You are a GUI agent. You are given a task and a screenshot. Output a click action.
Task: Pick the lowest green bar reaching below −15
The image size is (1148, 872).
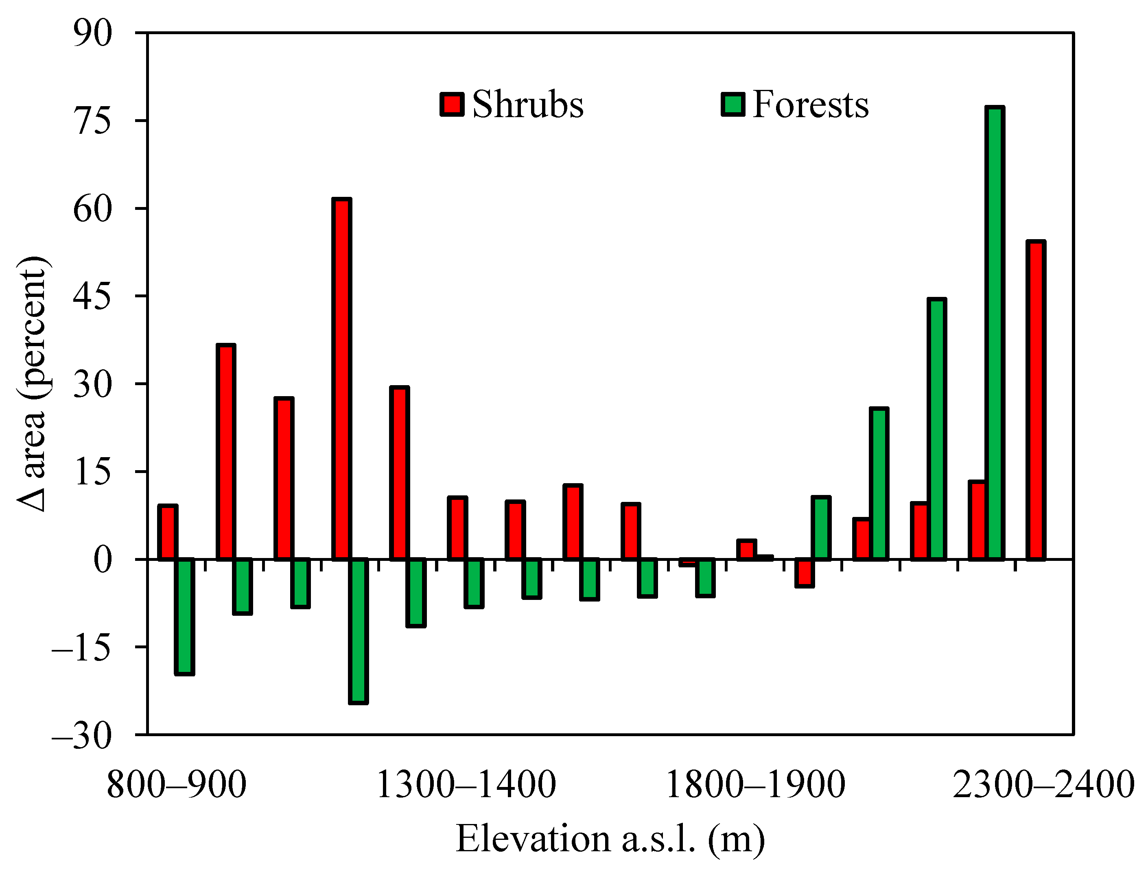(x=358, y=631)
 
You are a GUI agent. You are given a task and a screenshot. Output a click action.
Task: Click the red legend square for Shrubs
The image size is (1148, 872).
(x=452, y=105)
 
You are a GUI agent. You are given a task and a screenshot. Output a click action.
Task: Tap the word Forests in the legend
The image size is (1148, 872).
(x=810, y=105)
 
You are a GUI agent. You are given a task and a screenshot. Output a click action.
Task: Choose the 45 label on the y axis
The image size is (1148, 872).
(x=92, y=296)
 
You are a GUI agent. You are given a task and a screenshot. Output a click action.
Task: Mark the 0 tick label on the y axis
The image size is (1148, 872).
(x=102, y=560)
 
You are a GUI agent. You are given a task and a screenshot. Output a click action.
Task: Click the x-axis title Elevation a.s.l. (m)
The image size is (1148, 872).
(x=610, y=839)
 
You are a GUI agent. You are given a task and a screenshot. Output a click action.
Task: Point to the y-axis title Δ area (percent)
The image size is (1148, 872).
(x=32, y=384)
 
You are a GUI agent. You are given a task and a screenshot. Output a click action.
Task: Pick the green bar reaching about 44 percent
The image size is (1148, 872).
(x=937, y=429)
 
